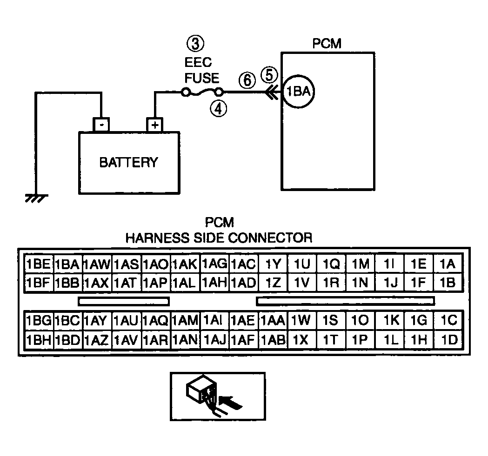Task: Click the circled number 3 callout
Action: [195, 44]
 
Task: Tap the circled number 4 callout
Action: [219, 109]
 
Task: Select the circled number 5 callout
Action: [269, 75]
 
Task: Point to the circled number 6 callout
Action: [247, 80]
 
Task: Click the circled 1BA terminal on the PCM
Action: [299, 92]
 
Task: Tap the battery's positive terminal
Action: [154, 125]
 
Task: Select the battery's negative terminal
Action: [101, 125]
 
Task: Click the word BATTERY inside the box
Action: [128, 162]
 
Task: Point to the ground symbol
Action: [37, 198]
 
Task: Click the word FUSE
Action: [202, 78]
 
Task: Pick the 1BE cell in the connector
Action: [39, 264]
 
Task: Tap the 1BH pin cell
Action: [39, 340]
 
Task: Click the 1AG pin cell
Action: [214, 264]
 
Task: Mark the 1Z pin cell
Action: [273, 283]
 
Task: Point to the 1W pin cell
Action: [301, 320]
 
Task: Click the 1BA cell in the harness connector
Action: [67, 264]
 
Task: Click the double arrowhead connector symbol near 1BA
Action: [271, 92]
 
